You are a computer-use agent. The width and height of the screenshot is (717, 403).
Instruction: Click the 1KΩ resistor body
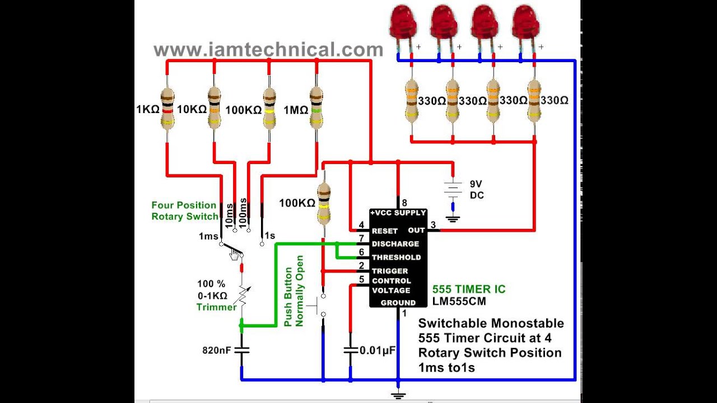[167, 109]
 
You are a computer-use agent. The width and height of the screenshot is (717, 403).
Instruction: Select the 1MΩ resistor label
[296, 110]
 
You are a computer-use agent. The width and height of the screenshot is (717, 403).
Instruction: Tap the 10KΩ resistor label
[192, 109]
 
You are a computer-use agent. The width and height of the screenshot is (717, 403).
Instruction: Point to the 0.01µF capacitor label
[378, 350]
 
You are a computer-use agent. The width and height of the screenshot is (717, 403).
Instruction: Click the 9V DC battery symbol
[453, 189]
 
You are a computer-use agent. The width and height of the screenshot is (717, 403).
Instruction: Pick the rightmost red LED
[526, 25]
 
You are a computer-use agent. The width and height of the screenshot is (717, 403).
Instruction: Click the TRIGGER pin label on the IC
[390, 271]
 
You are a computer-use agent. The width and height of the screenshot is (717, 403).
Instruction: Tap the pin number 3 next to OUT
[433, 226]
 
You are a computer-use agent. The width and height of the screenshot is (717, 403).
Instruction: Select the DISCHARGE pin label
[395, 244]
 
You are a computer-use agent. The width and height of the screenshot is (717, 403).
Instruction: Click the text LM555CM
[459, 301]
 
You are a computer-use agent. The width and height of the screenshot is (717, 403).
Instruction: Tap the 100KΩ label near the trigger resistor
[297, 203]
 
